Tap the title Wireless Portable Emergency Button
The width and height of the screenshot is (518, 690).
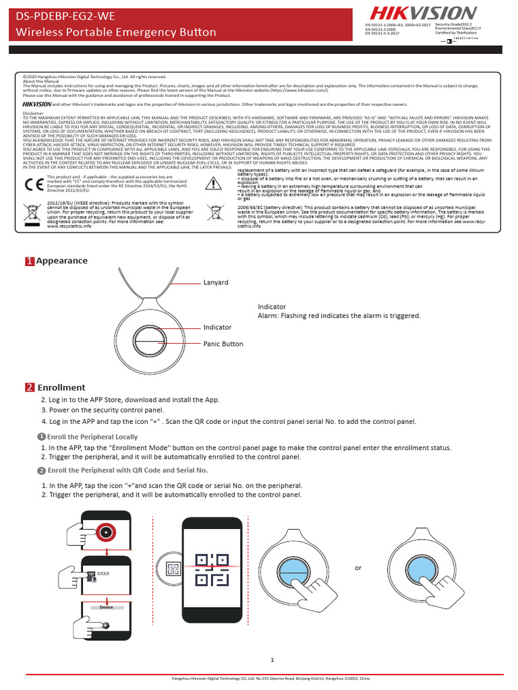116,32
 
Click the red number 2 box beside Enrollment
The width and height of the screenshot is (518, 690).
30,387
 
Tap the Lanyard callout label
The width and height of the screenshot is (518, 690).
216,283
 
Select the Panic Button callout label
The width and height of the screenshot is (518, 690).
223,344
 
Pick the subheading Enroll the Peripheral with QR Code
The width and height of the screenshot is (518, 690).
127,470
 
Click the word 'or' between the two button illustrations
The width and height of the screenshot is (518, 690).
358,568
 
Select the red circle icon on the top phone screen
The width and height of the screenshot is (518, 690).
106,532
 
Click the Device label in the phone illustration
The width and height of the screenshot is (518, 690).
106,607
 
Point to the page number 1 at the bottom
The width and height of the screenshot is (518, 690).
272,660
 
